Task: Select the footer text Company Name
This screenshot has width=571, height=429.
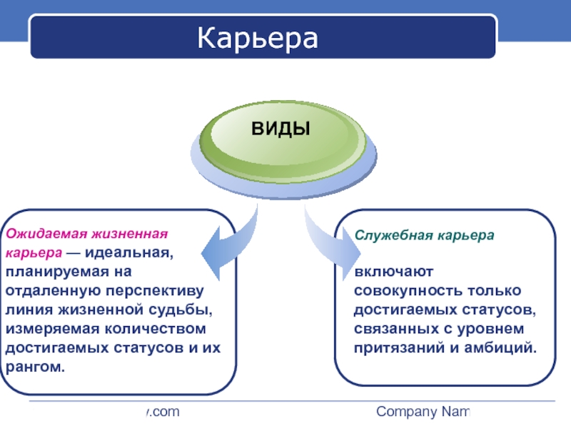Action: [x=423, y=412]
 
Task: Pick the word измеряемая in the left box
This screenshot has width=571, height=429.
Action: [x=49, y=329]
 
